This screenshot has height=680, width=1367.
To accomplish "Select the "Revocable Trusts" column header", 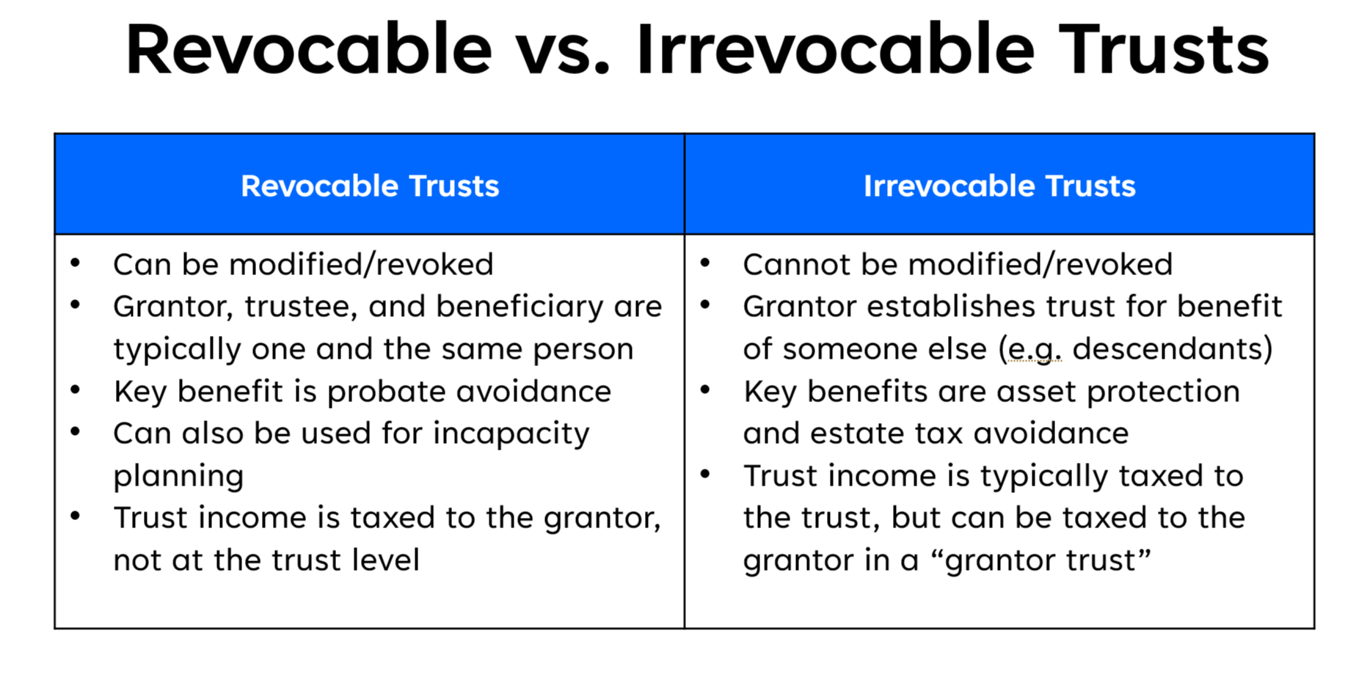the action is pyautogui.click(x=370, y=186).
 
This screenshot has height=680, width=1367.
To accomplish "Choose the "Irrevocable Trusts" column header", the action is pyautogui.click(x=999, y=186).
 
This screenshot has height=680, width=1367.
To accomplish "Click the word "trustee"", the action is pyautogui.click(x=301, y=307).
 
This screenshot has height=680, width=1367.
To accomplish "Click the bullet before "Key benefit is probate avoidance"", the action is pyautogui.click(x=76, y=390).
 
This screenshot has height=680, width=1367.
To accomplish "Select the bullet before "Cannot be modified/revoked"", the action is pyautogui.click(x=705, y=263).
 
